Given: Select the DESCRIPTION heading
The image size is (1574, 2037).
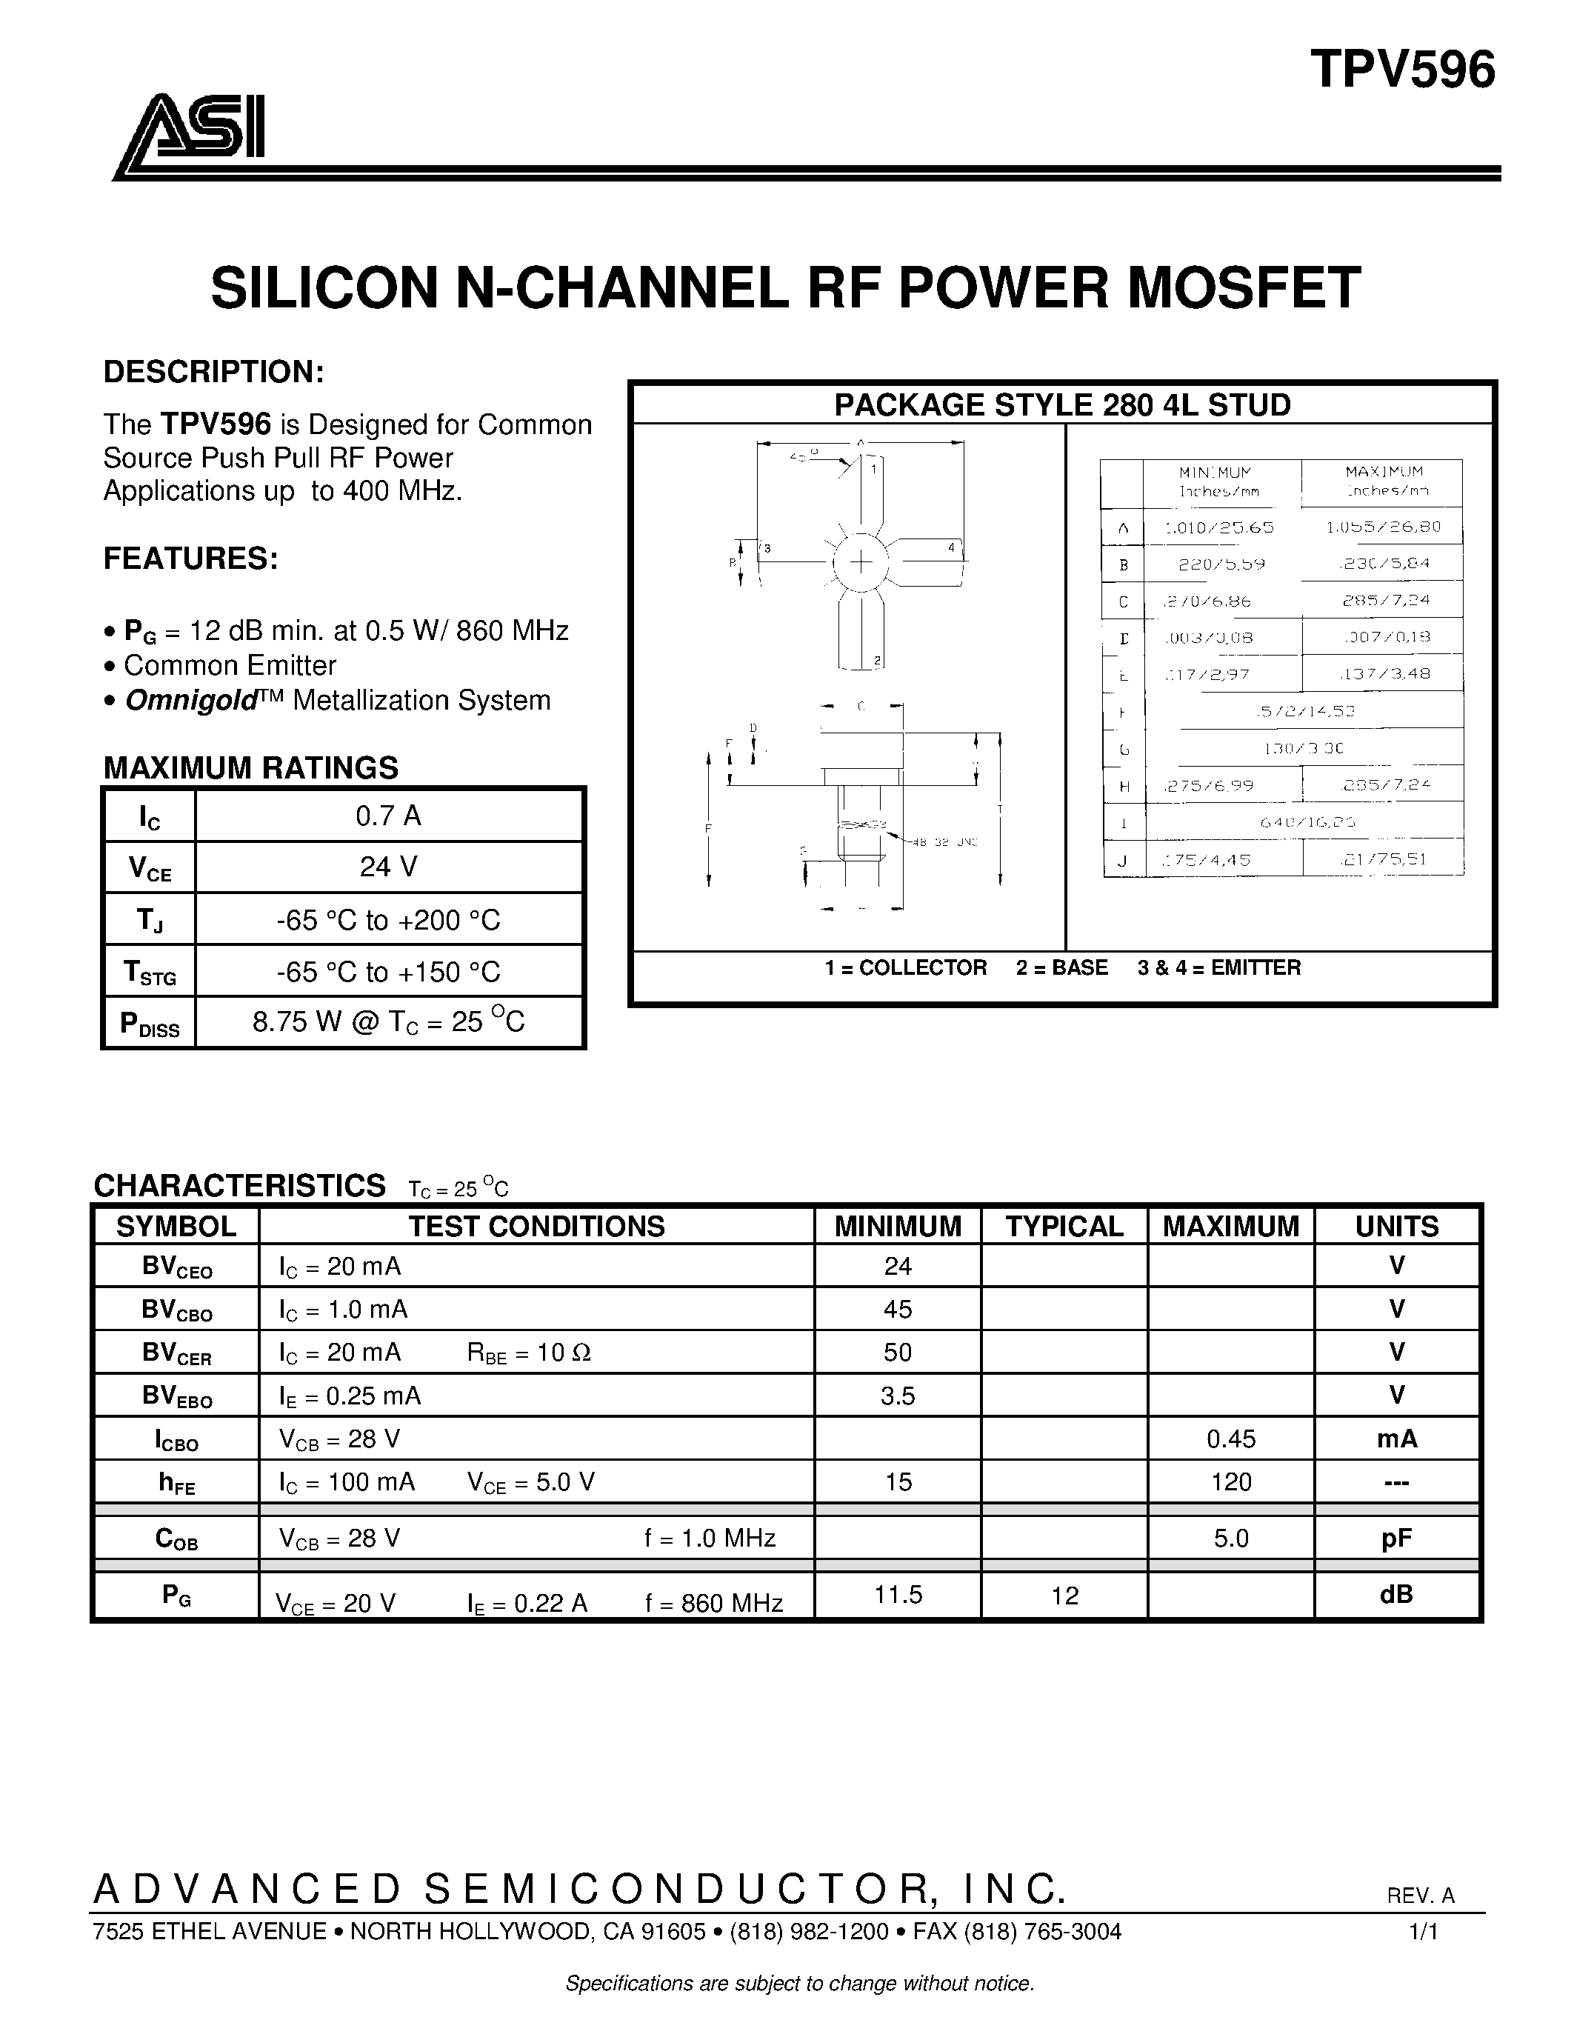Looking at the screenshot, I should tap(213, 372).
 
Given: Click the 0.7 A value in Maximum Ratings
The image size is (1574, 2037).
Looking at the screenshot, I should tap(388, 816).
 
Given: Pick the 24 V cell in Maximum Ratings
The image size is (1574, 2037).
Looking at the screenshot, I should tap(388, 867).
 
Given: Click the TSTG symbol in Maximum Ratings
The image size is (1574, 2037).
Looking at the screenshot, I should tap(149, 973).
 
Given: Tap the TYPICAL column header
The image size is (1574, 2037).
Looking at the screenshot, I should tap(1064, 1227).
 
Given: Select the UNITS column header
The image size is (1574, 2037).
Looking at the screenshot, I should tap(1397, 1227).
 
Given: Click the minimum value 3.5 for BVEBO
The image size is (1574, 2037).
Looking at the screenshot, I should tap(897, 1396).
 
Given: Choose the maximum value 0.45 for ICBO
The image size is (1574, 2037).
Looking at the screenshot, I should tap(1231, 1439).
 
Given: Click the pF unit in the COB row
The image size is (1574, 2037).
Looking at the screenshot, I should tap(1397, 1538).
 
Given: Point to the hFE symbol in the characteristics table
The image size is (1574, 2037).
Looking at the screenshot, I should tap(176, 1483).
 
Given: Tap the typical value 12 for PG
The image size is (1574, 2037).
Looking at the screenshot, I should tap(1064, 1596).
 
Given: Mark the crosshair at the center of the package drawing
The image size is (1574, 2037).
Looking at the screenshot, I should tap(861, 561).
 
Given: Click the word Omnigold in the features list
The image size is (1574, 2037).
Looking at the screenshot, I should tap(190, 701).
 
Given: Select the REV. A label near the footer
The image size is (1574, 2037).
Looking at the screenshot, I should tap(1420, 1896).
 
